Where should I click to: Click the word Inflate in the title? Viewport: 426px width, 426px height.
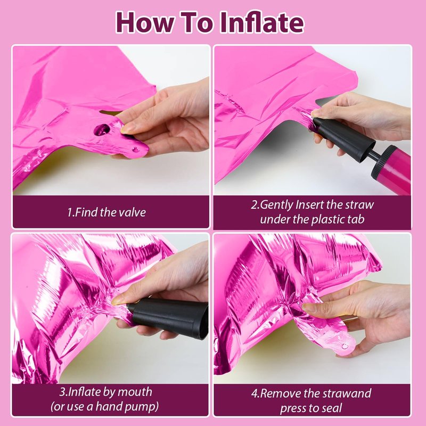261,22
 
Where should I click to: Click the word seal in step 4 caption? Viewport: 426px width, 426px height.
331,408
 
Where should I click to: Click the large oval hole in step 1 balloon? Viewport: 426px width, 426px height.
102,129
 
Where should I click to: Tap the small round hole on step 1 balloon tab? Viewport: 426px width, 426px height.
135,150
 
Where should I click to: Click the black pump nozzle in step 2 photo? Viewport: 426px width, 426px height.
343,139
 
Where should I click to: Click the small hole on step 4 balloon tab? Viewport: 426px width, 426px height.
345,346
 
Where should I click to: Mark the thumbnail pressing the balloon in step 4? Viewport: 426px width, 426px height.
309,307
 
